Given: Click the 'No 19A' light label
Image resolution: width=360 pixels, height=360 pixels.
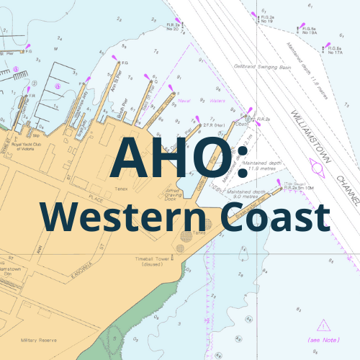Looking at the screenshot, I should coord(308,32).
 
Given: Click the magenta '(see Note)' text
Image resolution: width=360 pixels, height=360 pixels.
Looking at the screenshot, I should coord(324,339).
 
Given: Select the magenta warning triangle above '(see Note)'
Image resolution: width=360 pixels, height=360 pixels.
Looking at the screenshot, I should coord(325,325).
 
